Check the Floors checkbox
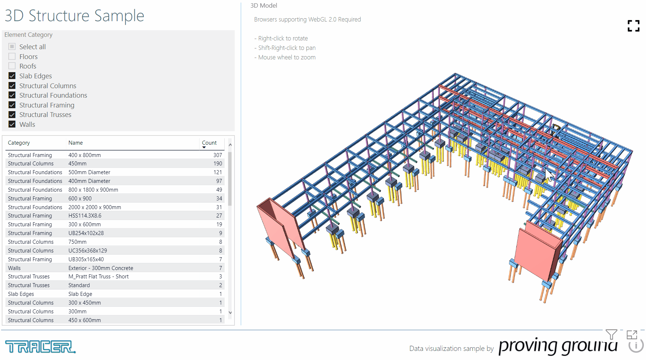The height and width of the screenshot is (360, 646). [12, 56]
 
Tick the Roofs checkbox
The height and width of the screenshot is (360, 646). [12, 66]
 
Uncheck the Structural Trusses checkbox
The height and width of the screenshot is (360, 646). [12, 114]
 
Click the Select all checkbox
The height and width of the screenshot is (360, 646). [12, 47]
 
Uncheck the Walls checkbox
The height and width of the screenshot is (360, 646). [12, 124]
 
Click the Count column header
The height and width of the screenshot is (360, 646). [209, 143]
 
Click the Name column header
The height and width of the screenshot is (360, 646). [75, 143]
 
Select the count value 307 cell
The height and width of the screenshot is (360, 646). [217, 155]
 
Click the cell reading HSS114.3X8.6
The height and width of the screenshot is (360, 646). [85, 216]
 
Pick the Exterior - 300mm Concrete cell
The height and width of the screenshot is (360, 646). [101, 268]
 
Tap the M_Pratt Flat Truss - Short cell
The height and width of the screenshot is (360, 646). [98, 277]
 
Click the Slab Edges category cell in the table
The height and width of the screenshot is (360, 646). [21, 294]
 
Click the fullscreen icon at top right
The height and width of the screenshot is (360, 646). [633, 26]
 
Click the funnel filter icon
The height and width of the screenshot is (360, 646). [611, 334]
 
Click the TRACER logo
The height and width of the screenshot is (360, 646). [40, 347]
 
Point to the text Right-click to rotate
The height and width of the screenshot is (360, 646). [283, 38]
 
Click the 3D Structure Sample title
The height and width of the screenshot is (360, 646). [74, 16]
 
